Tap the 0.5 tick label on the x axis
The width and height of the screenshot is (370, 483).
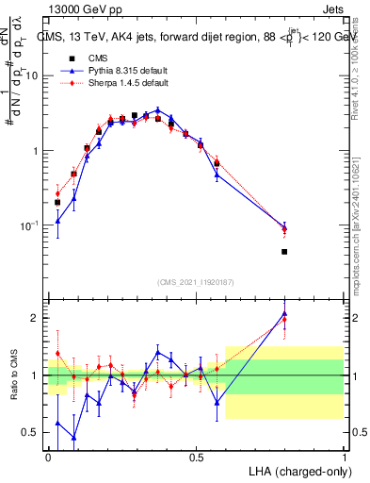click(x=197, y=457)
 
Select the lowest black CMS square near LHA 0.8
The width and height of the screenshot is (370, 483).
click(x=284, y=252)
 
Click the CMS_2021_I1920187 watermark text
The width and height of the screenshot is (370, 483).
click(x=196, y=281)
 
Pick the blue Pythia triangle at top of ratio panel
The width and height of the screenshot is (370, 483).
click(x=284, y=313)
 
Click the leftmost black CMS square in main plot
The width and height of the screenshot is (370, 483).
click(x=57, y=202)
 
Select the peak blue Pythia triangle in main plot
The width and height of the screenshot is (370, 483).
click(x=158, y=109)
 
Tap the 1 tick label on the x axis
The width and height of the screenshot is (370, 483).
click(x=345, y=457)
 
